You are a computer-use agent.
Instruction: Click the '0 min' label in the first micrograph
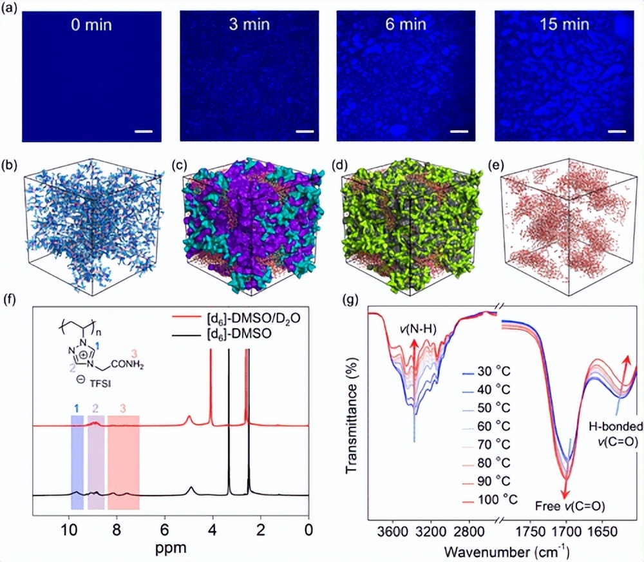[91, 25]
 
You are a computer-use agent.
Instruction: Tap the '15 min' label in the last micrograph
[564, 25]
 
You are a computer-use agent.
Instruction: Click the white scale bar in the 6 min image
[459, 131]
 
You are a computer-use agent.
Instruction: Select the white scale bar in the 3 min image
[305, 131]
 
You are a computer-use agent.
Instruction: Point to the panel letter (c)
[179, 166]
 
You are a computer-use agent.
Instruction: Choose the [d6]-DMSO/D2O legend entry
[236, 318]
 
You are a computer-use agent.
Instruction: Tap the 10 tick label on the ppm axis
[69, 530]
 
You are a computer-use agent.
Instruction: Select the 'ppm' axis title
[171, 548]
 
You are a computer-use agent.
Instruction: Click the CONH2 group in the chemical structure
[128, 364]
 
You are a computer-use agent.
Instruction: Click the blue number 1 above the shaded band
[77, 408]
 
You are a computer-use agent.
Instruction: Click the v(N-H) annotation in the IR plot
[418, 329]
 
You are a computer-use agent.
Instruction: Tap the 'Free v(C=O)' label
[570, 506]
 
